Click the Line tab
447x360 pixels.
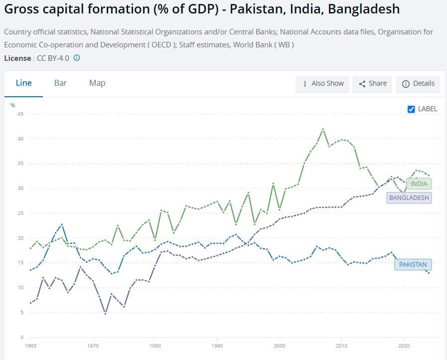[23, 83]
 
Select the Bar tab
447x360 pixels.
[60, 83]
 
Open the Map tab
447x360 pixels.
[97, 83]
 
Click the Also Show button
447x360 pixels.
[322, 84]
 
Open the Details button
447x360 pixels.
[418, 84]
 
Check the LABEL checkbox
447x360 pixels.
[411, 109]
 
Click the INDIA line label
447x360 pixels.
[419, 183]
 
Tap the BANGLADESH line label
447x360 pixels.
[409, 197]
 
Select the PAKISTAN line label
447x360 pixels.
[413, 264]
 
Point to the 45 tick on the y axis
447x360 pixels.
[20, 114]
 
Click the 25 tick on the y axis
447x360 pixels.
[20, 213]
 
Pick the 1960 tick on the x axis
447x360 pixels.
[30, 345]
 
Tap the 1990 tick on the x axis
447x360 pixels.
[217, 345]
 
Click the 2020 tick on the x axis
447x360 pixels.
[404, 345]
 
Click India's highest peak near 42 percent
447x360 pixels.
[323, 129]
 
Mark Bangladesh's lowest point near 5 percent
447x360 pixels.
[105, 313]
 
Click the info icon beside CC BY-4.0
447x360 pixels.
[77, 58]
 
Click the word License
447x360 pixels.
[17, 58]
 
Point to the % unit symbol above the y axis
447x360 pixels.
[13, 105]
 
